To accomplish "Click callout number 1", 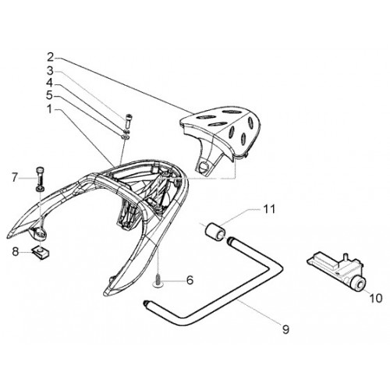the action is click(x=50, y=110).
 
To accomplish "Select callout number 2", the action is click(x=51, y=58).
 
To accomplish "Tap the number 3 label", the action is click(x=50, y=71).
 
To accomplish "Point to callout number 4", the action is click(x=50, y=83).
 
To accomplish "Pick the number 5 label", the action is click(x=49, y=96).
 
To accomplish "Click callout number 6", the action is click(x=190, y=280).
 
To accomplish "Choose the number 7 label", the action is click(x=16, y=178).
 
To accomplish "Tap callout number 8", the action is click(x=16, y=252).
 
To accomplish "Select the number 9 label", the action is click(x=285, y=330).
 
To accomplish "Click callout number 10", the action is click(x=376, y=298).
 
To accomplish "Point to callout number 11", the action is click(x=270, y=209).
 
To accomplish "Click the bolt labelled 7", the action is click(x=41, y=179).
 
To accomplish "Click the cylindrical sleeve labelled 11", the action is click(x=215, y=231).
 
